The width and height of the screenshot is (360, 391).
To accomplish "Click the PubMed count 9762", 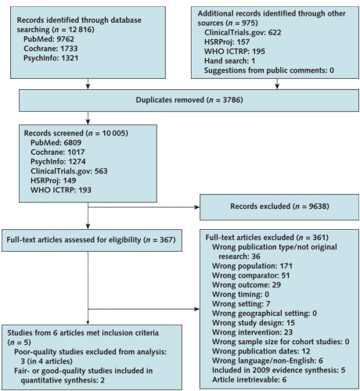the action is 66,39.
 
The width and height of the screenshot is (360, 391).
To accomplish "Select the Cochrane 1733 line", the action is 51,48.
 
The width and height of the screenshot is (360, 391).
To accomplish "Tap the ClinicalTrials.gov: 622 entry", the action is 243,33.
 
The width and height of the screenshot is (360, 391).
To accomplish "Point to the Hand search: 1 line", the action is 229,61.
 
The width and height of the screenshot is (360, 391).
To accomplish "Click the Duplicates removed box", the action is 189,100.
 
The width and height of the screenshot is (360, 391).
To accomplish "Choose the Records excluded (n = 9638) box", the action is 279,207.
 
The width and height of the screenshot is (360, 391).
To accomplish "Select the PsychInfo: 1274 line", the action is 58,162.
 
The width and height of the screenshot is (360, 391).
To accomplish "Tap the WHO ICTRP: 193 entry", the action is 61,190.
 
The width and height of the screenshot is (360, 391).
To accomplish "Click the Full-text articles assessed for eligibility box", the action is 92,240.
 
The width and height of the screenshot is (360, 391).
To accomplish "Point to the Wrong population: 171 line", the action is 252,266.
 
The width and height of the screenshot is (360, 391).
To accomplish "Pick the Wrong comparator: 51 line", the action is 250,275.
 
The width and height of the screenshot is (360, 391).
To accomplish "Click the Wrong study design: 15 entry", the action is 254,323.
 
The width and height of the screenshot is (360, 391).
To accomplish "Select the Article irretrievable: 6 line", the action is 249,379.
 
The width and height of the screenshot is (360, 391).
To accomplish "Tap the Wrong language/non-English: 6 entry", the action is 268,361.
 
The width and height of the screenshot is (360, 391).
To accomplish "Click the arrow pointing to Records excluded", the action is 143,207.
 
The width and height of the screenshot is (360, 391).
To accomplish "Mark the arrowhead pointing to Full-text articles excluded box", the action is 197,309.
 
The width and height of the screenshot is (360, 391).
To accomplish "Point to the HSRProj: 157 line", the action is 227,42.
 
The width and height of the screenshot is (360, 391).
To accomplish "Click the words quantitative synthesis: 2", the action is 63,380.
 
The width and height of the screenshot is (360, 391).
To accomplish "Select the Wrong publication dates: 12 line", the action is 261,351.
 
